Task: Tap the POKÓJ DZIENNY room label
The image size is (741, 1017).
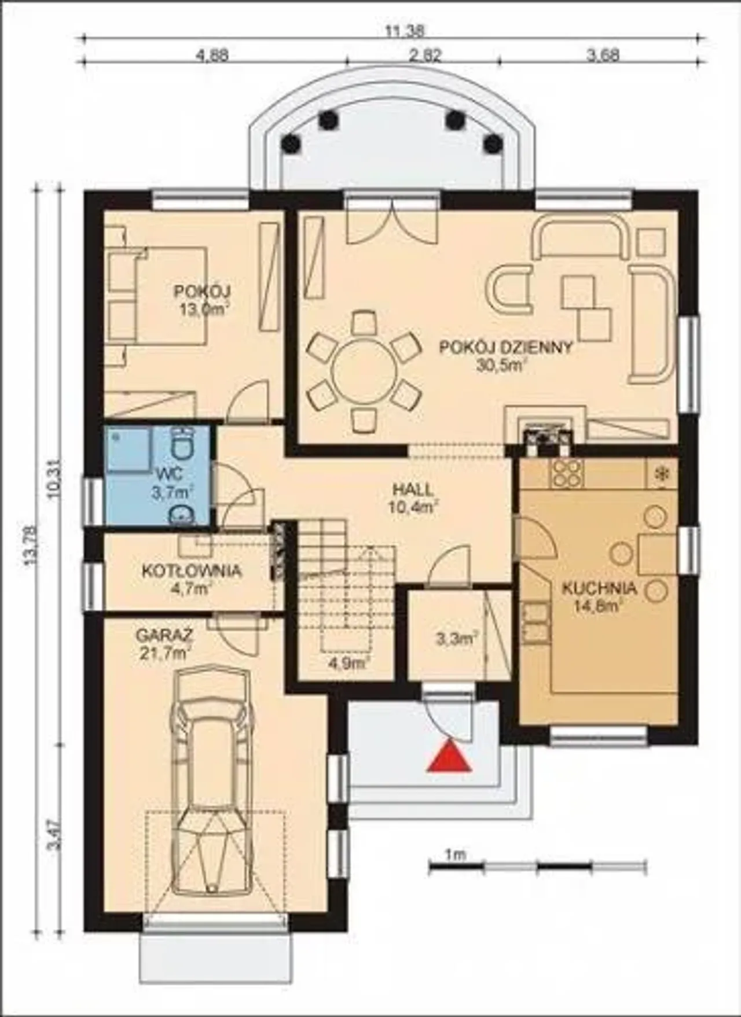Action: pos(506,348)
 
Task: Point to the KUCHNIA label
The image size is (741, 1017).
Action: pos(600,589)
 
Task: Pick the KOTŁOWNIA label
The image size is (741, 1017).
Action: pos(191,571)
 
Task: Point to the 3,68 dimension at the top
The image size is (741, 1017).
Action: pos(603,56)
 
